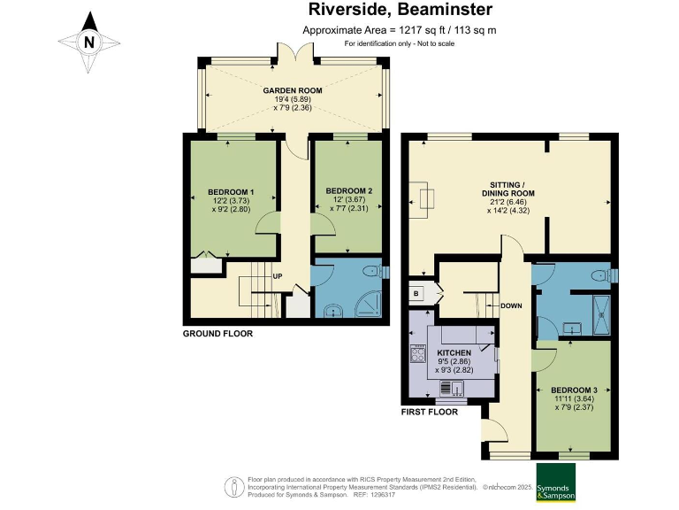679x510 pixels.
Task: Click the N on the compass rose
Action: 89,42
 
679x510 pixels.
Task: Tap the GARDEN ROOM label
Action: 293,90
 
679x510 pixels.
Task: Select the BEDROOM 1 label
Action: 231,192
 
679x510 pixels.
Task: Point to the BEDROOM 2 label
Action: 349,191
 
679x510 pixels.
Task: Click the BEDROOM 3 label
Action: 574,390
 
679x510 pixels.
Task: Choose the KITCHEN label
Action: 454,352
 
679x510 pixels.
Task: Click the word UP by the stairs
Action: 278,276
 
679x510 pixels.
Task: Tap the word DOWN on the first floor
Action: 511,305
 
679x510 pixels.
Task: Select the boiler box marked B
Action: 416,294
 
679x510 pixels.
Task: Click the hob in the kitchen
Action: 418,353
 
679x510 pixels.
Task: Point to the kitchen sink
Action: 452,387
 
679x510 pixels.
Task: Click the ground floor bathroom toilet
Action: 374,272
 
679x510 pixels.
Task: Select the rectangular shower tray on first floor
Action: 601,315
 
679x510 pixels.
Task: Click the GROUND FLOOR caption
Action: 217,334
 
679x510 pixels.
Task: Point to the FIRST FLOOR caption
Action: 430,412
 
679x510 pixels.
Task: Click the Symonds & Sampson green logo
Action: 556,482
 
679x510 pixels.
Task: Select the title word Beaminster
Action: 446,9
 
